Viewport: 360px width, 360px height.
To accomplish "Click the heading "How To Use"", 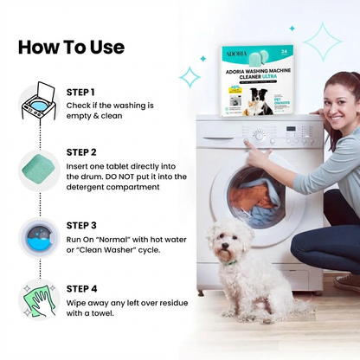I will [71, 46].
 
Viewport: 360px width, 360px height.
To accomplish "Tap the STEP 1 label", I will [80, 92].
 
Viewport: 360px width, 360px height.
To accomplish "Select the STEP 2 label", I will [80, 151].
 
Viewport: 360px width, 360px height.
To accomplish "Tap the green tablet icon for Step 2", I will [34, 164].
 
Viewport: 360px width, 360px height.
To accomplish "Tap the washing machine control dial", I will [257, 135].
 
